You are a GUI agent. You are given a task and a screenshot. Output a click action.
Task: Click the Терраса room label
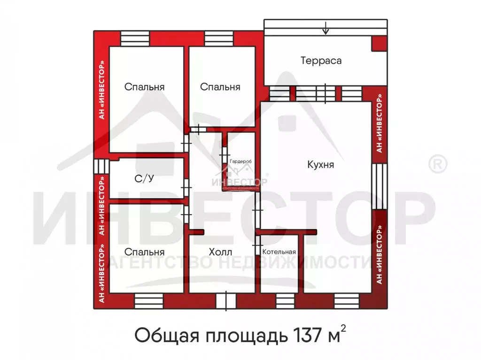321,61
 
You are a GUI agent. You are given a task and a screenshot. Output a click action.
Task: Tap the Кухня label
321,165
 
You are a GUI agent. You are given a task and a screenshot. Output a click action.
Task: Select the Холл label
220,252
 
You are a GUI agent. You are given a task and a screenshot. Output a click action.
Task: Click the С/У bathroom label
145,178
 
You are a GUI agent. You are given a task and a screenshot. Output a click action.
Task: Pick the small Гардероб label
240,161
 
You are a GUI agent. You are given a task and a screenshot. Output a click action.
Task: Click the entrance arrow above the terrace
326,29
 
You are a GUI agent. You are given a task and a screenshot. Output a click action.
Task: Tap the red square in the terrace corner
379,43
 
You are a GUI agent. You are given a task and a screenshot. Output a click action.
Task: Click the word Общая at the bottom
160,336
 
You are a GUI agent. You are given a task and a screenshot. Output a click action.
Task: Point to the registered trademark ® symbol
438,164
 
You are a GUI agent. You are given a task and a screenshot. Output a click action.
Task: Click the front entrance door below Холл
226,301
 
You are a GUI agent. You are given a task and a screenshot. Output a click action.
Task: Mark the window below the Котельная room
283,300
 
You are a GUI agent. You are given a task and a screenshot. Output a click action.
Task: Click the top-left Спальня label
144,87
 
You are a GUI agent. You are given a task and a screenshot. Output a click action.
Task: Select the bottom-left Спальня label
144,252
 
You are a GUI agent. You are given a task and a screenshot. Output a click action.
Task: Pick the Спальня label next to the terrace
220,87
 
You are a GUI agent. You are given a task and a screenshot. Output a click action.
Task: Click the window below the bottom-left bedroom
148,300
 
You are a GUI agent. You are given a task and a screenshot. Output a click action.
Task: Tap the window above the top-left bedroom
134,38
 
